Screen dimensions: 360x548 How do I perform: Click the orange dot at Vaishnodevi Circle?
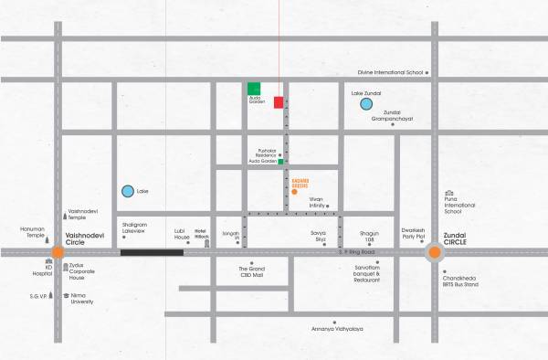pos(58,252)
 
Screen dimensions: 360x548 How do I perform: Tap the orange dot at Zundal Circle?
pos(435,252)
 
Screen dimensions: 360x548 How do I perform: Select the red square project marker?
pos(279,102)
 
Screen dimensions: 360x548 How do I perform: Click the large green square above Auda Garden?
pos(254,88)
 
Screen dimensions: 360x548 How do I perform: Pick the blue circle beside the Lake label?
pos(127,192)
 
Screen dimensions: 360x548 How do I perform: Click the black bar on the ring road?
pos(152,252)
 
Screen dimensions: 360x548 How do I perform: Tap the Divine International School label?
pos(390,71)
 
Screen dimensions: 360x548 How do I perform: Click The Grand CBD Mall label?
pos(251,271)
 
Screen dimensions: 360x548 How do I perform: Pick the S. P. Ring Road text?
pos(357,251)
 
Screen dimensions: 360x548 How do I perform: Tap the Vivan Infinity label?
pos(316,202)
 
